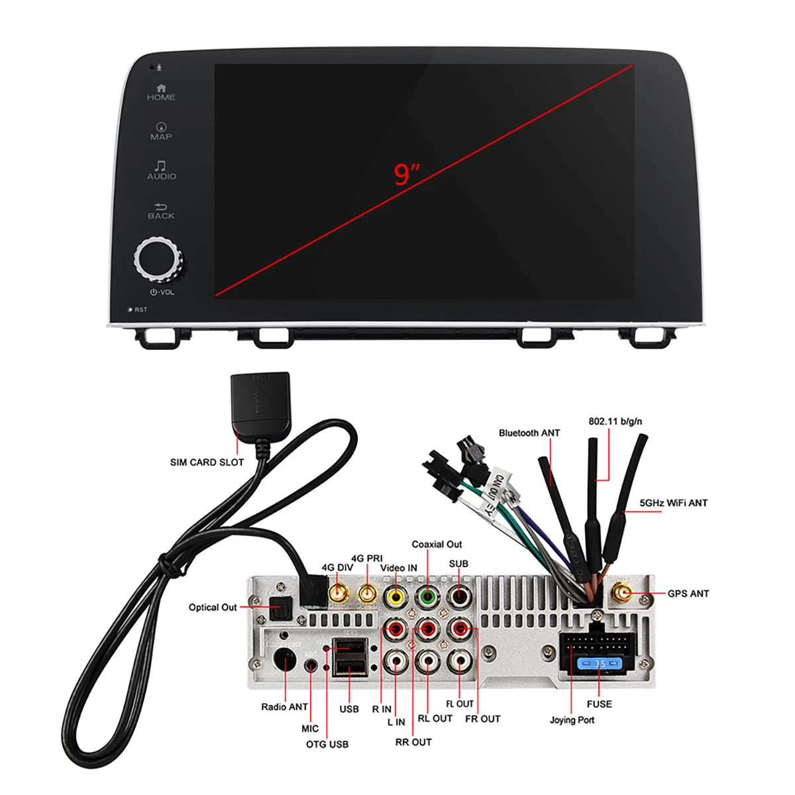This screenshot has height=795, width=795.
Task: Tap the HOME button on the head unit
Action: [x=161, y=92]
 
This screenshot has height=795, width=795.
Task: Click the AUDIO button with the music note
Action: [x=161, y=170]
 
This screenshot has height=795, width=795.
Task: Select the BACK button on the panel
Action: [x=161, y=211]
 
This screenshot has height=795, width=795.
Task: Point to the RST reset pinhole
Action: [x=131, y=309]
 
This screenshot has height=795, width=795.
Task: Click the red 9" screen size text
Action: [x=407, y=174]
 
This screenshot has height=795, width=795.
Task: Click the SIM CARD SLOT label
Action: [x=207, y=462]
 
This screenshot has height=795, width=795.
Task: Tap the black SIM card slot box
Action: [x=260, y=401]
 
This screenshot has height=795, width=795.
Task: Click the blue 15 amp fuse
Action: [x=600, y=663]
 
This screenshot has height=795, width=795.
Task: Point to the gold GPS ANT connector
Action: [x=623, y=593]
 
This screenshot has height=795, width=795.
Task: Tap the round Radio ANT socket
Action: [x=285, y=661]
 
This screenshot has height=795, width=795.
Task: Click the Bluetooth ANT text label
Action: [x=529, y=433]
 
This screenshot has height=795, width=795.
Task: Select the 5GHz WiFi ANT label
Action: [x=673, y=503]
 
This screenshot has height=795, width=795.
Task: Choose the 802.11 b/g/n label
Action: [x=615, y=421]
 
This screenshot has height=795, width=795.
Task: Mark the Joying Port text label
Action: [x=572, y=720]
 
